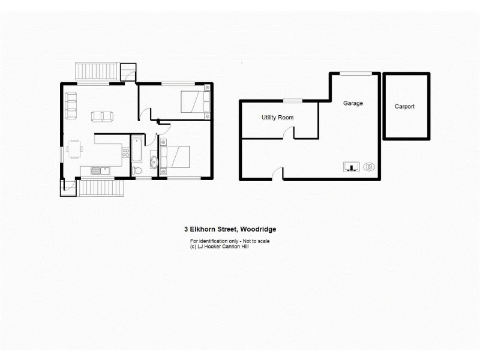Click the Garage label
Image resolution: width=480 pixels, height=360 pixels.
point(353,103)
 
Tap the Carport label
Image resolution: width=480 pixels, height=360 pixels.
point(404,106)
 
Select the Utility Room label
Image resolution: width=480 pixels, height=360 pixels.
point(277,118)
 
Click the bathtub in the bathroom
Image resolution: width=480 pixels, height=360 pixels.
point(136,149)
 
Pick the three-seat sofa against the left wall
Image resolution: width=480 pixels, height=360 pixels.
point(71,104)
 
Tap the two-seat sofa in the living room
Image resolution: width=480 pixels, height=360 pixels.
point(101,116)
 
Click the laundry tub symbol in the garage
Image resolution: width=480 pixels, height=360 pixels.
point(351,167)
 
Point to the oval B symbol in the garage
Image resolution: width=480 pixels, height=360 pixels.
point(368,167)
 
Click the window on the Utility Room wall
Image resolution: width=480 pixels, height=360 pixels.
point(292,101)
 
